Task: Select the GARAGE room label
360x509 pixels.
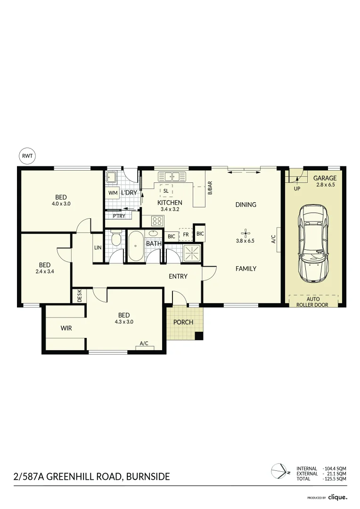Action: [325, 178]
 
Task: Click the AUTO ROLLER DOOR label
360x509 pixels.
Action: [312, 302]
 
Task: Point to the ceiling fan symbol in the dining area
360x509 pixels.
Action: [245, 232]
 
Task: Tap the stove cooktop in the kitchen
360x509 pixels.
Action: [157, 221]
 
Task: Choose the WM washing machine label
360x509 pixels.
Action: [113, 193]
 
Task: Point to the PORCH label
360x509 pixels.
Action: [183, 322]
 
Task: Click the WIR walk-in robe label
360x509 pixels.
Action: [66, 328]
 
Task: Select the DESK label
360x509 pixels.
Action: [79, 296]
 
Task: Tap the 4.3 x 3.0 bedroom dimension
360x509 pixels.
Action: [124, 322]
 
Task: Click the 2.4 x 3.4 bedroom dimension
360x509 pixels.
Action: [45, 271]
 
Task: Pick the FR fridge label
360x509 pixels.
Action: [186, 234]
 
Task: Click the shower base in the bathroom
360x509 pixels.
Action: [192, 253]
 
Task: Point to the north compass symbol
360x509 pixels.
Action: [280, 471]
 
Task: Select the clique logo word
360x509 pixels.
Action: [337, 497]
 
